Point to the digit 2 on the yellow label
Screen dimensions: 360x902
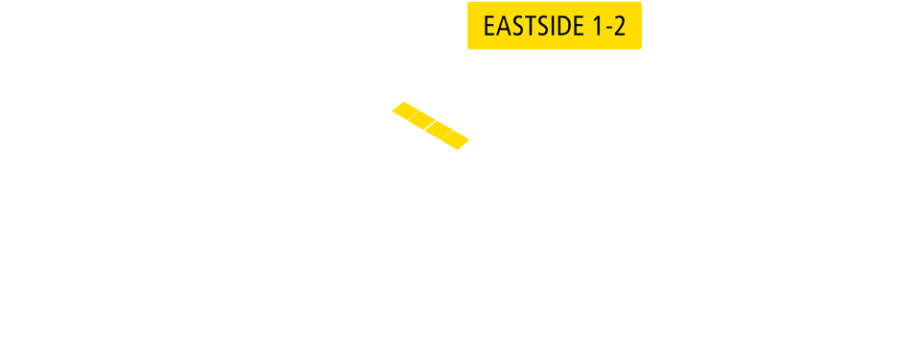click(x=620, y=26)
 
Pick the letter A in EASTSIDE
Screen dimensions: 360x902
click(x=503, y=26)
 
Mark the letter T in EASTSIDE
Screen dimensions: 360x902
click(x=527, y=26)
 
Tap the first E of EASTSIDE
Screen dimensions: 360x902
click(x=489, y=26)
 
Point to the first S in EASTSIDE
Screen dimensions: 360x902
click(x=515, y=26)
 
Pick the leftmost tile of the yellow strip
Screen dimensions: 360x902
click(x=405, y=109)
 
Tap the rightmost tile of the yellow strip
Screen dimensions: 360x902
click(x=456, y=140)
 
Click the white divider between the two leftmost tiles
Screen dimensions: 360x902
click(x=414, y=114)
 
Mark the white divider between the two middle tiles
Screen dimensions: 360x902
click(x=431, y=125)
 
